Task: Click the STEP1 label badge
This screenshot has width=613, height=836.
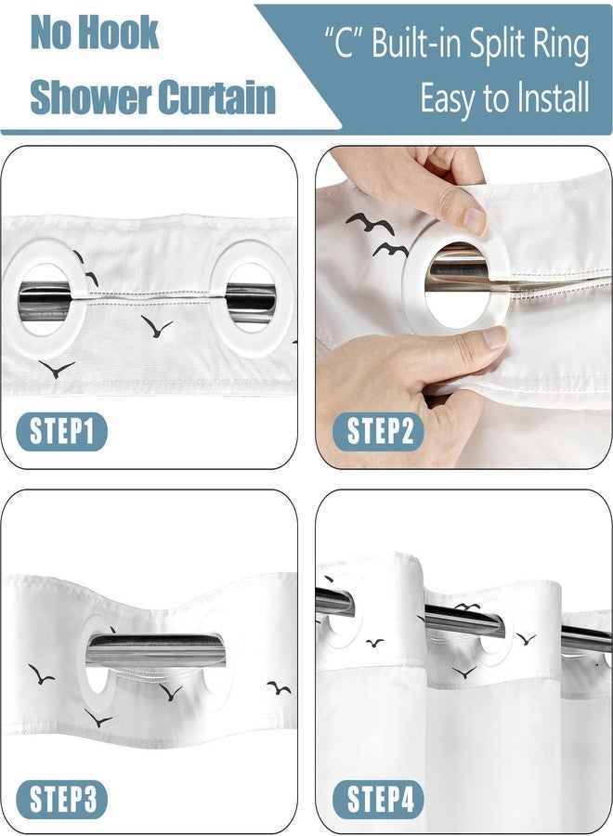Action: point(62,431)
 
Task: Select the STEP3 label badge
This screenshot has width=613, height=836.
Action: point(62,799)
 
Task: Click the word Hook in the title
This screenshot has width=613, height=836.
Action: point(122,33)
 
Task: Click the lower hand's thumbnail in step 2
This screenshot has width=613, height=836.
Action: point(495,337)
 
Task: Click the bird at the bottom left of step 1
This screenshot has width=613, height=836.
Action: point(57,369)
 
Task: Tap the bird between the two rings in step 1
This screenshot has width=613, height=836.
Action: point(156,326)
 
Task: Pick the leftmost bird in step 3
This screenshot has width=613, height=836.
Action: point(40,674)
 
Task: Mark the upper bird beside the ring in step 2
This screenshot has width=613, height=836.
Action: point(370,222)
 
